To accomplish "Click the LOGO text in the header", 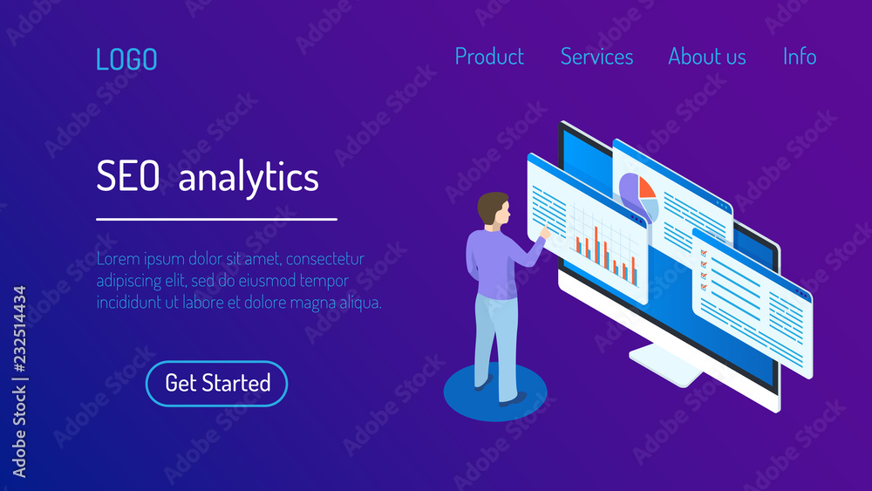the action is tap(126, 59).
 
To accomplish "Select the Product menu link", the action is tap(489, 56).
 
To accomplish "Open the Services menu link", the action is tap(596, 56).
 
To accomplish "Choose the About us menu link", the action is tap(707, 56).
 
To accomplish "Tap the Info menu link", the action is tap(800, 56).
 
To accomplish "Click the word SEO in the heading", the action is tap(128, 175).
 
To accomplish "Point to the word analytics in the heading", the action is tap(249, 178).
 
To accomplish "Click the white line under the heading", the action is tap(216, 220).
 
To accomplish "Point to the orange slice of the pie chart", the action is tap(646, 188).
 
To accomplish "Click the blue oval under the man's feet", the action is tap(495, 392).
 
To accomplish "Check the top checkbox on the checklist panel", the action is tap(704, 253).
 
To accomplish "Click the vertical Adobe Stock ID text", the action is tap(19, 382).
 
